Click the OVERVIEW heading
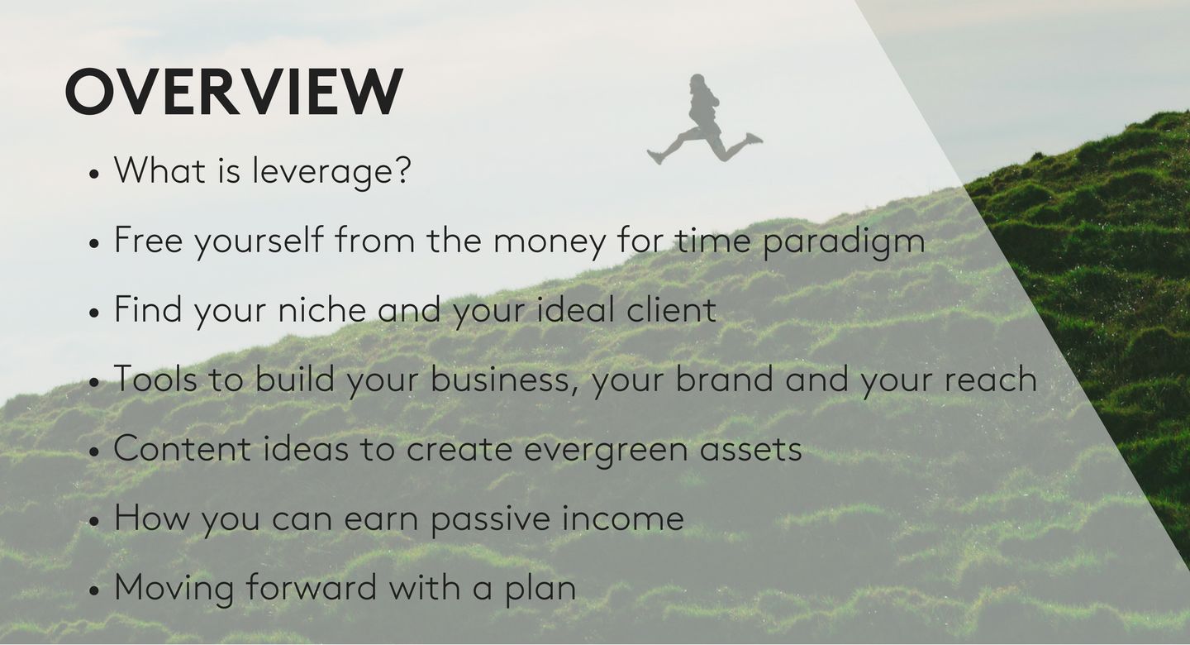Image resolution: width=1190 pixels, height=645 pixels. (235, 92)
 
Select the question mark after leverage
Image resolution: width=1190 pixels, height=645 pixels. (403, 170)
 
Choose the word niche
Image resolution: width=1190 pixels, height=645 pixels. (322, 310)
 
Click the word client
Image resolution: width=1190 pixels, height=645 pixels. (672, 309)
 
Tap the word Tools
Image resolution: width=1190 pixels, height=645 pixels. (155, 379)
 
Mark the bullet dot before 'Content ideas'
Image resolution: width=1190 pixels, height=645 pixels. (94, 451)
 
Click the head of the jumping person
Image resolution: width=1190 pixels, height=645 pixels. (697, 83)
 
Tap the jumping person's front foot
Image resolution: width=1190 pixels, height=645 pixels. (754, 139)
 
